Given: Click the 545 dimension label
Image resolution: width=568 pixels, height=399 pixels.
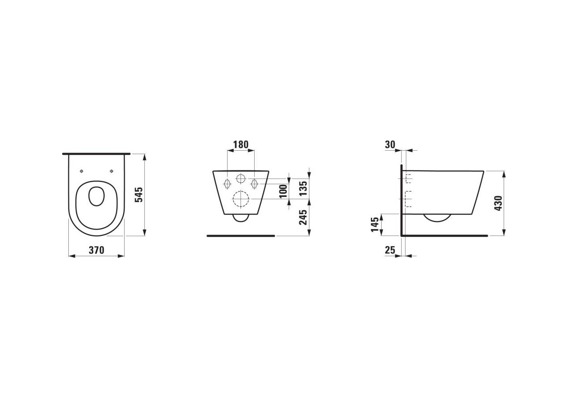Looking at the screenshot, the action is click(139, 195).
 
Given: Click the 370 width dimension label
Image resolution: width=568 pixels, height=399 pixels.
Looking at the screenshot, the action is click(96, 250).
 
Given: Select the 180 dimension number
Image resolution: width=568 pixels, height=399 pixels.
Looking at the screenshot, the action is click(241, 145).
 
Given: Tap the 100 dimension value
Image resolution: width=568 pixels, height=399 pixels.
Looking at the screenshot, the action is click(284, 192).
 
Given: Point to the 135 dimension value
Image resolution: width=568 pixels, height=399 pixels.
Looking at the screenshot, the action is click(303, 188).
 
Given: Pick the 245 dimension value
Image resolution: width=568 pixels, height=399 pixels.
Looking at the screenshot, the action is click(303, 217).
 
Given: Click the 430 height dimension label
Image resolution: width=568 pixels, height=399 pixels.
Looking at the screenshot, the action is click(498, 203).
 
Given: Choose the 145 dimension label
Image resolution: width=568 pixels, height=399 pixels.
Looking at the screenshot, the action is click(375, 224).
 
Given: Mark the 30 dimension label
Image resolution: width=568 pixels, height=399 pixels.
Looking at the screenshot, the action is click(390, 145).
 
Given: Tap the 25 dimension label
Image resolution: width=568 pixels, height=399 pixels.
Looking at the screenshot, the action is click(390, 250).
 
